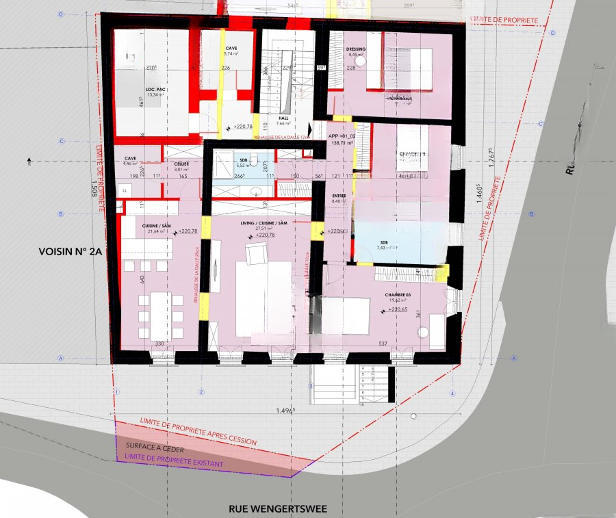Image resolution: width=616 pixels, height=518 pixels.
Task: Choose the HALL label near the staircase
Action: tap(283, 117)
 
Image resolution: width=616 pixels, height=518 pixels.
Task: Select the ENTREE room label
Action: tap(339, 196)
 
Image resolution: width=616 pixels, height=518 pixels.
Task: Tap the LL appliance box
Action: tap(125, 189)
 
